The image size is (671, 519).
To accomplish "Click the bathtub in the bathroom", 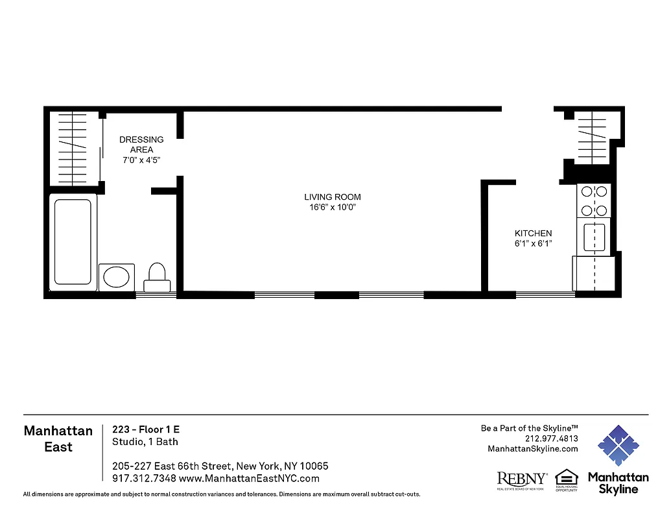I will click(73, 241).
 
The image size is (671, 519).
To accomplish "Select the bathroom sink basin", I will click(117, 277).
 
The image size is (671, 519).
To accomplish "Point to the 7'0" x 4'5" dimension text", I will click(141, 160).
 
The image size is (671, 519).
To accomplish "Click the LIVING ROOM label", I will click(333, 197).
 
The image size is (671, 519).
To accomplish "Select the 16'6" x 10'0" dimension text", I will click(333, 208).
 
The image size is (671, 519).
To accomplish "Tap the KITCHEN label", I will click(533, 234).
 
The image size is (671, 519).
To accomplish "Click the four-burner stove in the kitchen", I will click(594, 201).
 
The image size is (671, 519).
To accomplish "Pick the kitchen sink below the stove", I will click(594, 237).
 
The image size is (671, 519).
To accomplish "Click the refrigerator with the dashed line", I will click(593, 273).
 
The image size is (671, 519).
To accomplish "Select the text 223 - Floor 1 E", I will click(146, 429).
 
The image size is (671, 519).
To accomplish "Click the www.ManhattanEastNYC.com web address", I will click(249, 479).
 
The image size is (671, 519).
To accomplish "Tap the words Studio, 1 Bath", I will click(145, 442).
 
